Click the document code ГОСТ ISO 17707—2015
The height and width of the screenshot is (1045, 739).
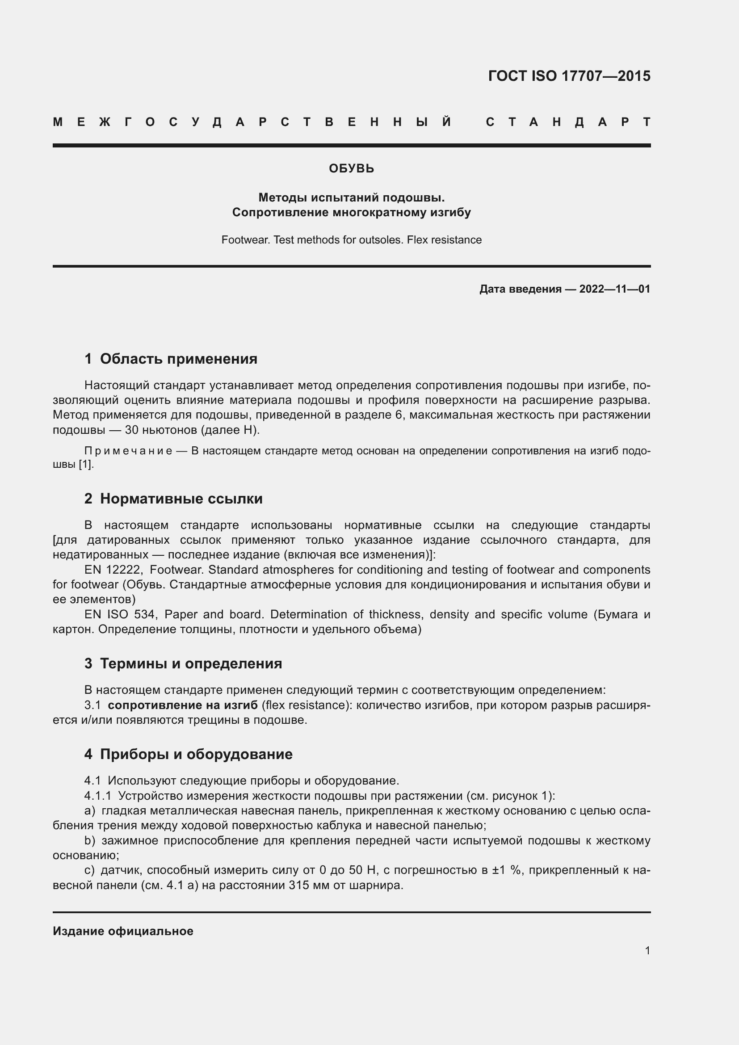pos(569,76)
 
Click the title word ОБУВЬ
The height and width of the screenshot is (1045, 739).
pos(351,169)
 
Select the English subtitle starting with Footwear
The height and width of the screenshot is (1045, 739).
pos(351,240)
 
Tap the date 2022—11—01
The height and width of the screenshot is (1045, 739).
pos(614,289)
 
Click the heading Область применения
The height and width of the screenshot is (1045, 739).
pos(178,359)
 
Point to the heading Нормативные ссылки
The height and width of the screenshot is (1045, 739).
pos(181,499)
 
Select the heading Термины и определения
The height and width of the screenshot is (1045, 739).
pos(191,663)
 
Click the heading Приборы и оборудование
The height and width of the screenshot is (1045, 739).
pos(196,754)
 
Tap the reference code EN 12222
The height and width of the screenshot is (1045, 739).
pos(113,570)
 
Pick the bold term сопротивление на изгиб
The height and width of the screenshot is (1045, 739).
pos(182,705)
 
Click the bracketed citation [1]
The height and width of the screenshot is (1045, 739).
pos(85,465)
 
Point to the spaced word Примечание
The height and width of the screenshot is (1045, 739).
pos(128,451)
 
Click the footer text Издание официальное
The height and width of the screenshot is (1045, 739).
pos(123,931)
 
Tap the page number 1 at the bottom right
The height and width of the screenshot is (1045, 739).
pos(647,950)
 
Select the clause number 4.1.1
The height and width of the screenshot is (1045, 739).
pos(97,796)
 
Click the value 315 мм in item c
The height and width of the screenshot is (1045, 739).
pos(308,886)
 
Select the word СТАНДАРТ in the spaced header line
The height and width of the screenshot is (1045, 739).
pos(568,122)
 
